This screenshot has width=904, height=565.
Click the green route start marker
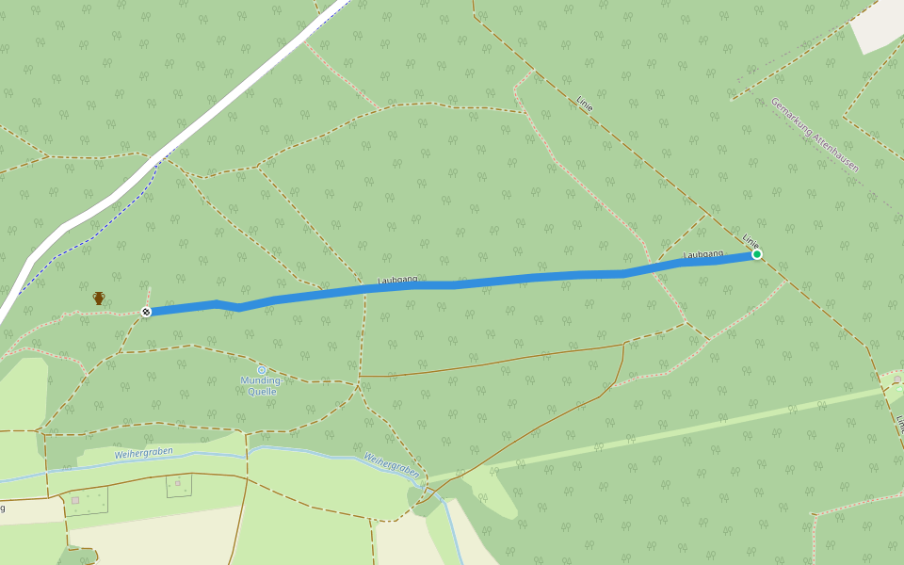(x=756, y=254)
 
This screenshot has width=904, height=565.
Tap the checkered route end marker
(x=146, y=312)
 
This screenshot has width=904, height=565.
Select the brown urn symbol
(x=99, y=298)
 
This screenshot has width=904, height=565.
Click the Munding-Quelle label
(x=262, y=384)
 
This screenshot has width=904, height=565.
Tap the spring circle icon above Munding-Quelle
(x=262, y=370)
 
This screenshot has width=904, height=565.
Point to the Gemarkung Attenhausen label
(x=815, y=135)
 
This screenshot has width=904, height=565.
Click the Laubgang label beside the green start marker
(x=702, y=254)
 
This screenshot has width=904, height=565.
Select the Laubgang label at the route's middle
(x=397, y=280)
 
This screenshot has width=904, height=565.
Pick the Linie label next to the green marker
(x=750, y=241)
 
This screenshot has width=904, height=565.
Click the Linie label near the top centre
(x=584, y=104)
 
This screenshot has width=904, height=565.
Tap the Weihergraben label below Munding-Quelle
(x=144, y=454)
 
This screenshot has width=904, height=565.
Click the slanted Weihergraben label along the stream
(x=391, y=463)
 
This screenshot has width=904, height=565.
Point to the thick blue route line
(x=527, y=279)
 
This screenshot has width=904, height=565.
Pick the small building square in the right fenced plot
(x=177, y=482)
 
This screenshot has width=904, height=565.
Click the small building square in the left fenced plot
(x=74, y=500)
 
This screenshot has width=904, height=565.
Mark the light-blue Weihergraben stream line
(x=311, y=453)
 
